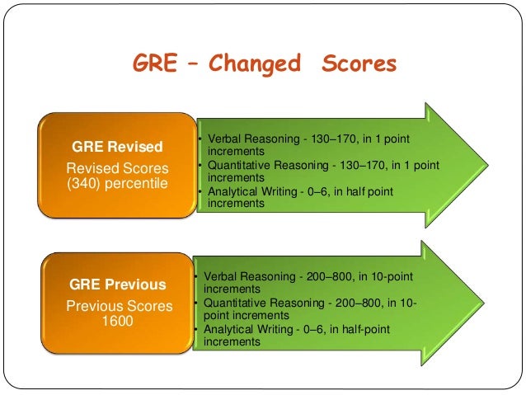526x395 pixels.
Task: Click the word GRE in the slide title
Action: [155, 63]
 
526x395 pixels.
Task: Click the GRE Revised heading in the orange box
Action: [118, 147]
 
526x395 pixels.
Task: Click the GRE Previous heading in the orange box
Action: [118, 285]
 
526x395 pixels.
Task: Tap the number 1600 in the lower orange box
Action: [118, 322]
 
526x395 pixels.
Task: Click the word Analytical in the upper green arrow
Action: [233, 191]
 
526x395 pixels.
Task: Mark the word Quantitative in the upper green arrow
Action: [239, 165]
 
